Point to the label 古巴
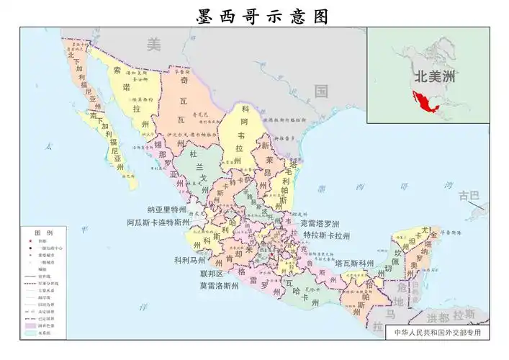pyautogui.click(x=469, y=195)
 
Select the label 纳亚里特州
pyautogui.click(x=171, y=210)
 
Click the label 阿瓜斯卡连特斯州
pyautogui.click(x=158, y=222)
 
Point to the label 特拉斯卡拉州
pyautogui.click(x=326, y=235)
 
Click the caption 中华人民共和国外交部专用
pyautogui.click(x=437, y=333)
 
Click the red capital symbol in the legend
pyautogui.click(x=33, y=243)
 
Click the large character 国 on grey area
pyautogui.click(x=321, y=91)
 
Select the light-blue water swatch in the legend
pyautogui.click(x=33, y=333)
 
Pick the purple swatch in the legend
pyautogui.click(x=33, y=325)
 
